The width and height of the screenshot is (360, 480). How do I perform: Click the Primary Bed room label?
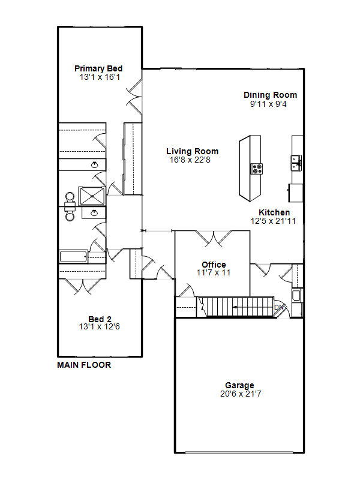click(x=98, y=68)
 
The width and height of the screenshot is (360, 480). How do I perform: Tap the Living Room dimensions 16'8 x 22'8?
click(x=190, y=160)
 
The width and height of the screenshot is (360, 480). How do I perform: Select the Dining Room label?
click(x=271, y=95)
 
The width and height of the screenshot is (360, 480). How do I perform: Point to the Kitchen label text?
click(x=274, y=212)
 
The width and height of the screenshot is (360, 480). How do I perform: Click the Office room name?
click(x=214, y=265)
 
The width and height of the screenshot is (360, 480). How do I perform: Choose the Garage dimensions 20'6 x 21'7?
click(x=241, y=394)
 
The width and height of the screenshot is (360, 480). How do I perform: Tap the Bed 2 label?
click(x=100, y=319)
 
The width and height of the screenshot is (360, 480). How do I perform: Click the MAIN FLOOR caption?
click(x=84, y=365)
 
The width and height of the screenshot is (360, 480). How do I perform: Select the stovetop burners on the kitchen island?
click(x=257, y=169)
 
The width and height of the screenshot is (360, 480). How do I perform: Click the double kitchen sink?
click(x=296, y=163)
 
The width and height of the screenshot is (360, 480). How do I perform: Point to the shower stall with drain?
click(x=92, y=196)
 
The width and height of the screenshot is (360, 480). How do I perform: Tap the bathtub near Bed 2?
click(x=73, y=257)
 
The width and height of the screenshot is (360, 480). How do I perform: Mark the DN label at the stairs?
click(x=279, y=307)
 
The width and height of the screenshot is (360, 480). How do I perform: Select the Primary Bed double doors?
click(x=134, y=97)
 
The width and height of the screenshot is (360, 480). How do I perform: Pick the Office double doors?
click(x=214, y=238)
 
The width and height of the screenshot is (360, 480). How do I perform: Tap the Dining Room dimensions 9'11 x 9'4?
click(x=268, y=104)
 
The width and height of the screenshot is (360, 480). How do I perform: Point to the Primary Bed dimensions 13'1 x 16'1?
click(x=100, y=77)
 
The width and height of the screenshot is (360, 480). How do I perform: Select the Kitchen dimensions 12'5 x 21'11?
click(x=273, y=221)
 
